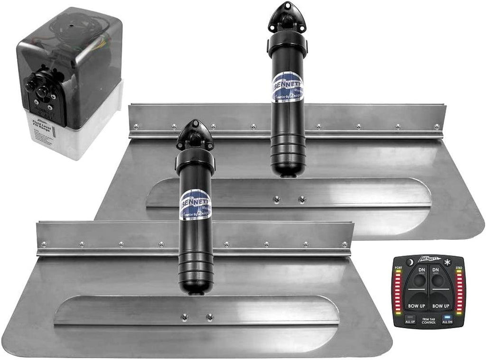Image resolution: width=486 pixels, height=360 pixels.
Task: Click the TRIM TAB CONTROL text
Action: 429,322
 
